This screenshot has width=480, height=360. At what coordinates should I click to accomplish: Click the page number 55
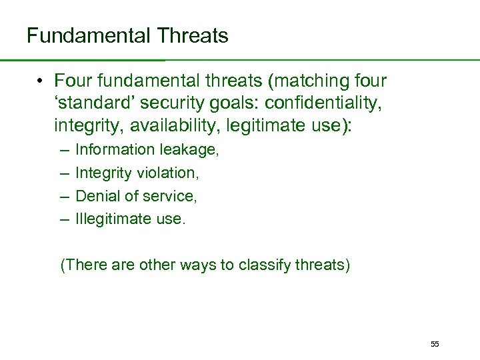tap(435, 344)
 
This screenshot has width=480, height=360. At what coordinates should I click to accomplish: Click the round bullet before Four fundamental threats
tap(41, 82)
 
